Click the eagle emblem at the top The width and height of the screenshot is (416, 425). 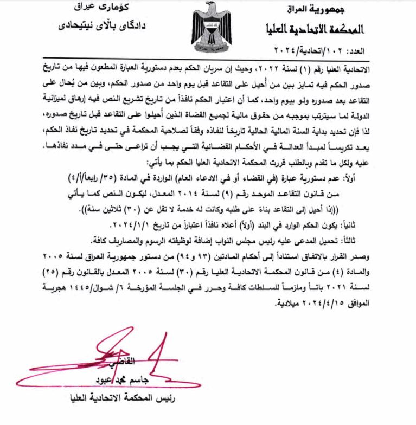pyautogui.click(x=209, y=27)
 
